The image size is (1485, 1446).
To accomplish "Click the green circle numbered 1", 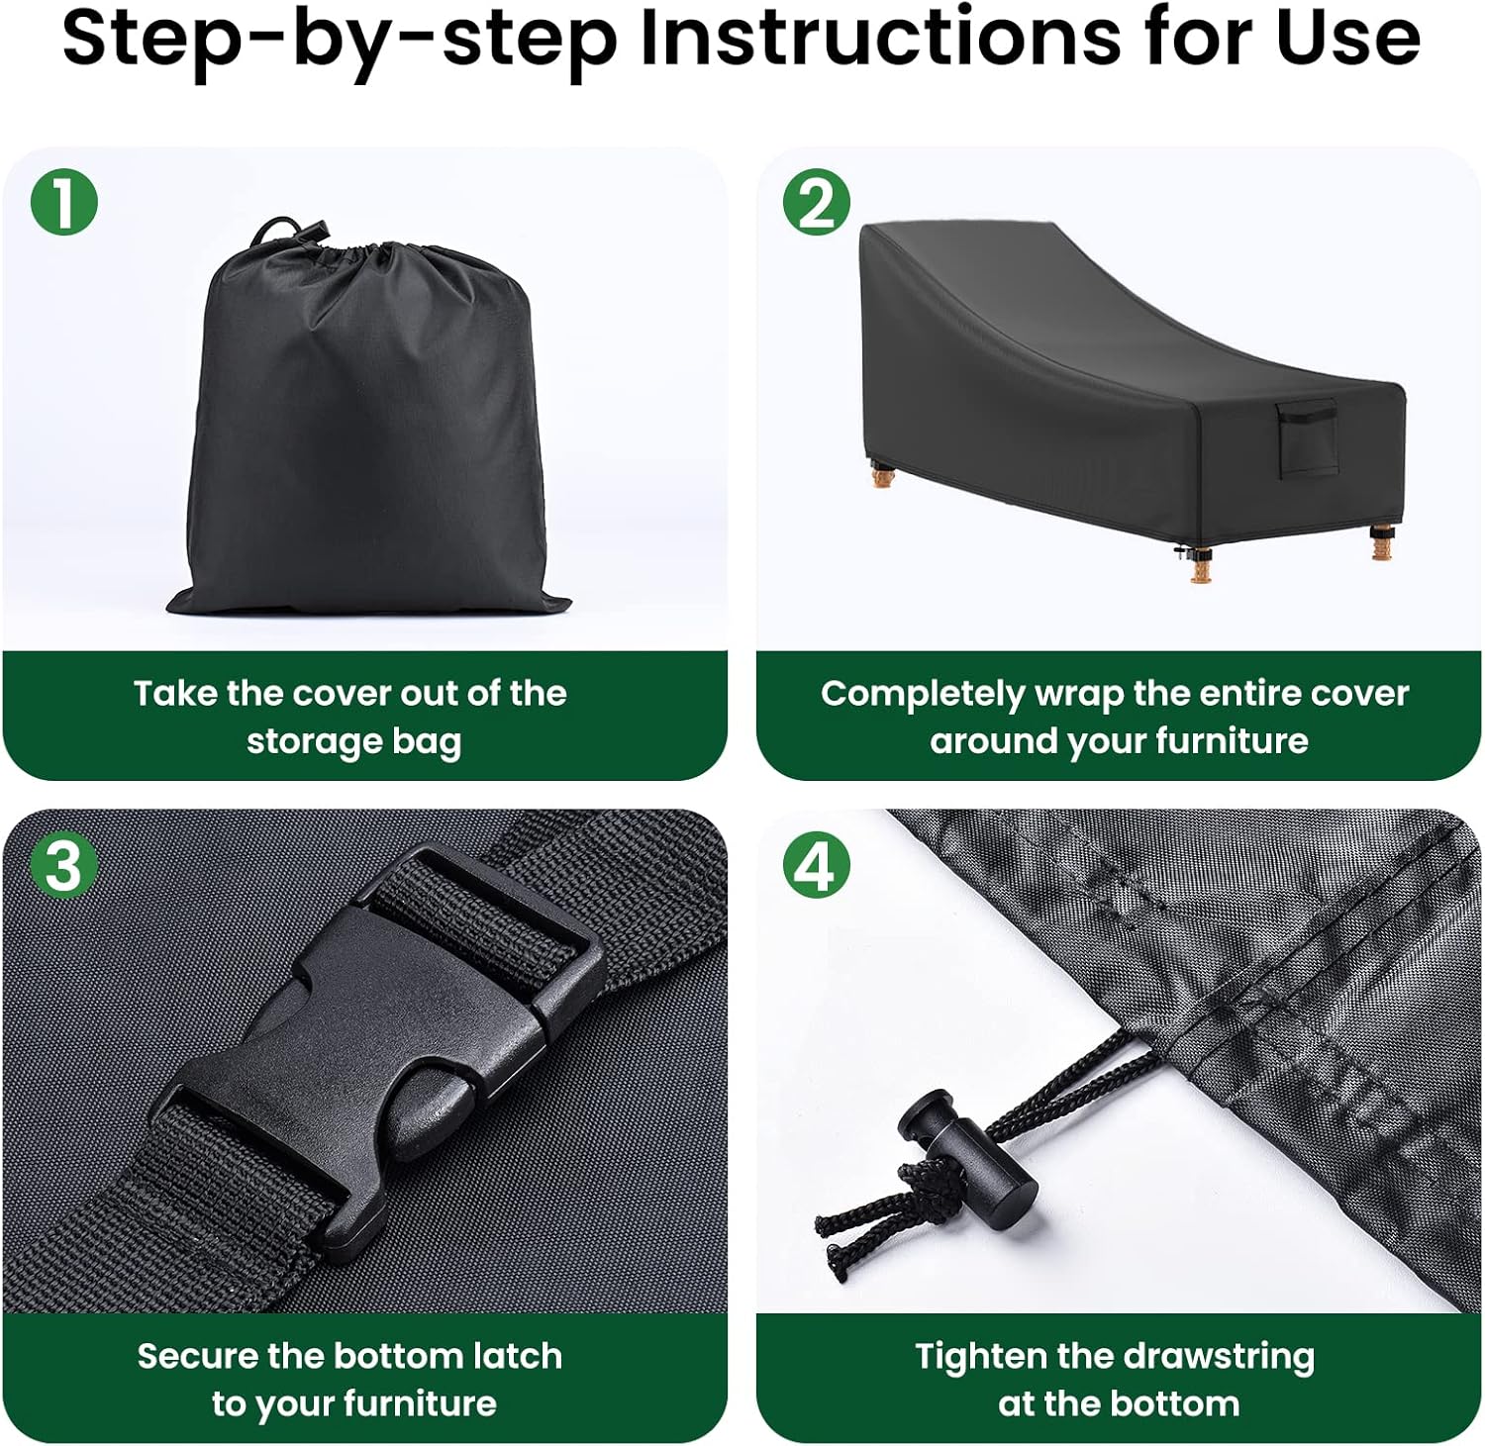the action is tap(63, 203).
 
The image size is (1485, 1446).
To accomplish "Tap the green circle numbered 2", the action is tap(817, 203).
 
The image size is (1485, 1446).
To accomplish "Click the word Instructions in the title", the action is tap(881, 38).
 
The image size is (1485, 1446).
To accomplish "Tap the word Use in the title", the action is tap(1348, 38).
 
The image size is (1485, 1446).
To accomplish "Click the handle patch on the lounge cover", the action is tap(1306, 436).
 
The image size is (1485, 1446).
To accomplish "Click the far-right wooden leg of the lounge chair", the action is tap(1381, 542).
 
